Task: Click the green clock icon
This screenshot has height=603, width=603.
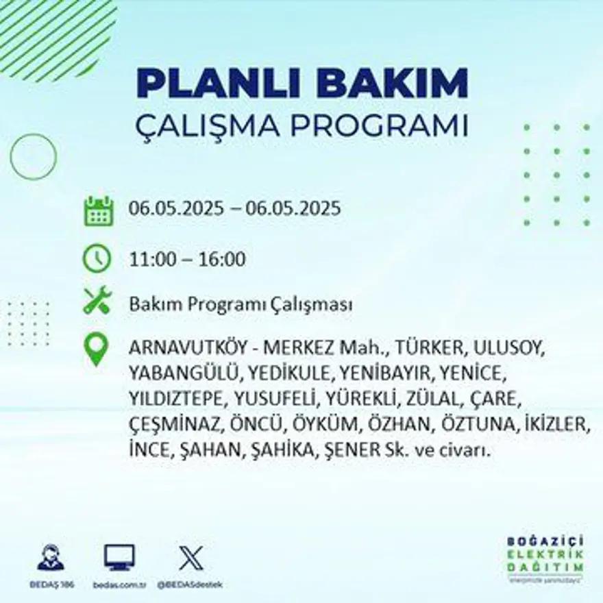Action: pos(97,258)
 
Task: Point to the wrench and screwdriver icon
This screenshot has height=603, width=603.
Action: pos(97,301)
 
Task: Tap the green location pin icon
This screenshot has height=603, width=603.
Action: pos(97,348)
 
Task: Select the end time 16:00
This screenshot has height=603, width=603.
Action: pos(222,260)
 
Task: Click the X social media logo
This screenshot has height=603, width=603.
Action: pos(190,557)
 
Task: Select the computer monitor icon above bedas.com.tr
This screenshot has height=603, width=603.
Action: pos(119,557)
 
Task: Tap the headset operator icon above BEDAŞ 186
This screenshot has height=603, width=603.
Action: pos(51,557)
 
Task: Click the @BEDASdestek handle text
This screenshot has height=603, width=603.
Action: pos(190,584)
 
